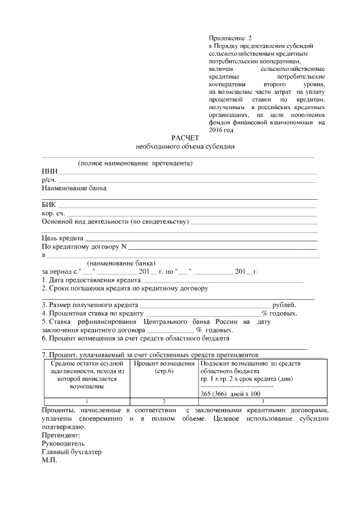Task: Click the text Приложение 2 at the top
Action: [231, 37]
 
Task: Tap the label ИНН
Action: [49, 172]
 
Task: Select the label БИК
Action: [49, 205]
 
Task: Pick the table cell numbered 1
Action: [86, 402]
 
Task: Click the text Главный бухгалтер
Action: [72, 451]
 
